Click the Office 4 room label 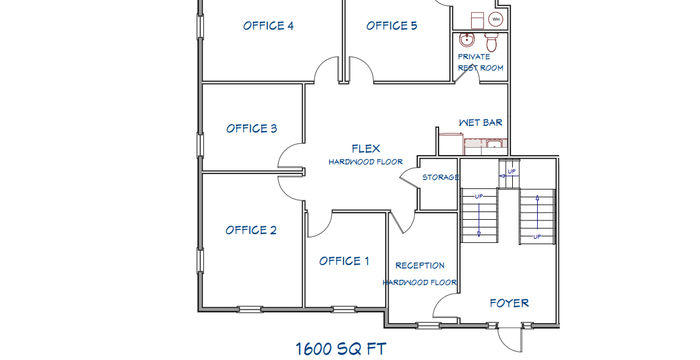coord(268,26)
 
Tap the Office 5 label coord(392,26)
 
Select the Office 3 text coord(251,129)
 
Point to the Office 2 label coord(251,230)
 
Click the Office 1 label coord(344,261)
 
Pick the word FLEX coord(366,149)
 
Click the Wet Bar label coord(480,122)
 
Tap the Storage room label coord(441,177)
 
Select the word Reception coord(420,266)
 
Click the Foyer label coord(509,303)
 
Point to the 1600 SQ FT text coord(341,349)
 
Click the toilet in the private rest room coord(491,42)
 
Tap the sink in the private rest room coord(467,40)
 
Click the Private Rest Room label coord(480,63)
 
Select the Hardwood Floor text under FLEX coord(366,162)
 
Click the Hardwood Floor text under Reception coord(420,282)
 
